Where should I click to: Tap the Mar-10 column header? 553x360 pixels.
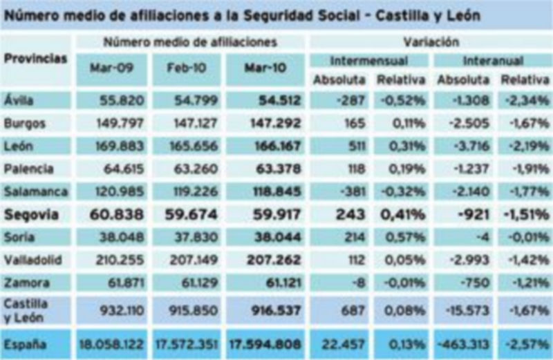point(265,69)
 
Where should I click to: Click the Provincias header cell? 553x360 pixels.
point(36,59)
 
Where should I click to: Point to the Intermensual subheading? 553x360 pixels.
point(368,61)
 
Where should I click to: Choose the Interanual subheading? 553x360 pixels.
point(493,61)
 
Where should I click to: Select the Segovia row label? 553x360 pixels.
point(31,215)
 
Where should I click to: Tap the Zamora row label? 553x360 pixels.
point(26,283)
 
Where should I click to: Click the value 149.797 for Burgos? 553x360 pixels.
point(120,124)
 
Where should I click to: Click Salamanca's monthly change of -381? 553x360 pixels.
point(349,192)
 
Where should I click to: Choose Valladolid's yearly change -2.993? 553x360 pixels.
point(471,260)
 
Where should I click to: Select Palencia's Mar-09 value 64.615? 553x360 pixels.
point(124,169)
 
